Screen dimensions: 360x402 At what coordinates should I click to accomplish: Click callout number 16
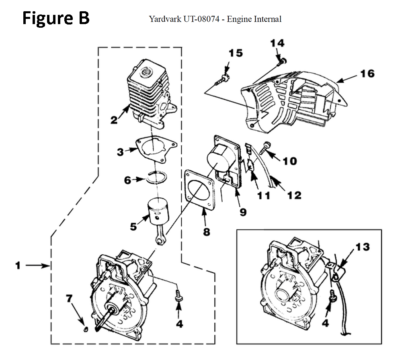367,74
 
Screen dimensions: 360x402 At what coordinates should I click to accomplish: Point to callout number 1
18,266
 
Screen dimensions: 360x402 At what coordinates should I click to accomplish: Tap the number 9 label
243,211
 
